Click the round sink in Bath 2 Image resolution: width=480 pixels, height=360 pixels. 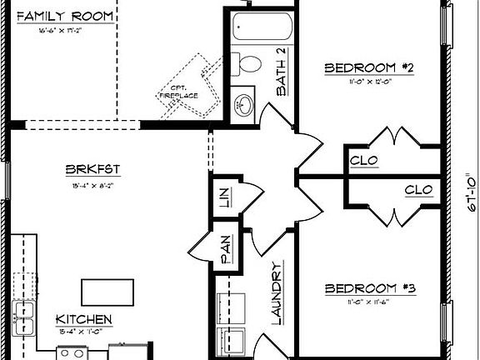245,105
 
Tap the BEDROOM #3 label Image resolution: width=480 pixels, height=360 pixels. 370,288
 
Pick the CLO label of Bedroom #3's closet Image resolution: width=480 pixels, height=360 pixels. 418,190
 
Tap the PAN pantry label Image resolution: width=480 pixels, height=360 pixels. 225,247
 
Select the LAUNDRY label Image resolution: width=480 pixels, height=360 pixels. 277,292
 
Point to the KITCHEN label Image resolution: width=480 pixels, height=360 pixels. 83,319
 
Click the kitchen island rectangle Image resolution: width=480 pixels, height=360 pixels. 108,292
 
